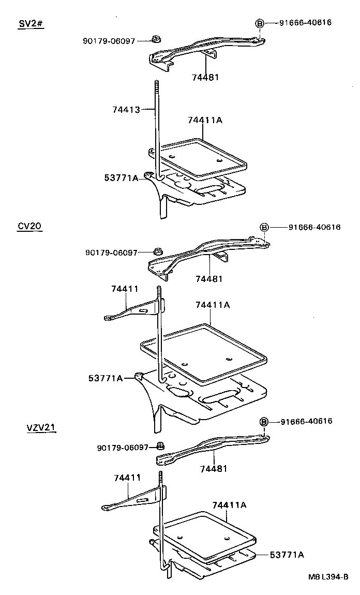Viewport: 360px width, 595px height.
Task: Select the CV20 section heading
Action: pyautogui.click(x=29, y=226)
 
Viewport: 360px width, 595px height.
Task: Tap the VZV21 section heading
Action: pyautogui.click(x=41, y=427)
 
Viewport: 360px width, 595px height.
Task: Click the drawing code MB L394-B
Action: pyautogui.click(x=328, y=577)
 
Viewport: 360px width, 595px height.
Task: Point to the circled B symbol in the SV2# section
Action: pyautogui.click(x=260, y=23)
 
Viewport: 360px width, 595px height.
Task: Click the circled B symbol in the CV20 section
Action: pyautogui.click(x=264, y=227)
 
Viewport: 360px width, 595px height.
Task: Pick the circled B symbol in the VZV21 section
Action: pyautogui.click(x=263, y=422)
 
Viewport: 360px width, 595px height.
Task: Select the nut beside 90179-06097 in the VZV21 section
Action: pyautogui.click(x=160, y=445)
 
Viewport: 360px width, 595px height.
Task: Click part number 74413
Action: pyautogui.click(x=126, y=109)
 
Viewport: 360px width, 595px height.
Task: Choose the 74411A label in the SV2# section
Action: pyautogui.click(x=205, y=120)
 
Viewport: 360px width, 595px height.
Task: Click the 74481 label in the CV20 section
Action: pyautogui.click(x=209, y=278)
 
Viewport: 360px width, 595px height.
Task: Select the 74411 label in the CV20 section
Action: pyautogui.click(x=125, y=289)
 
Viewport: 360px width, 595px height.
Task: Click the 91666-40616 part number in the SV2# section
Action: pyautogui.click(x=305, y=23)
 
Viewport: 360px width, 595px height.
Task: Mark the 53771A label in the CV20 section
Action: pyautogui.click(x=106, y=378)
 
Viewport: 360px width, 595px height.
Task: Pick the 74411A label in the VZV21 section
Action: pyautogui.click(x=229, y=504)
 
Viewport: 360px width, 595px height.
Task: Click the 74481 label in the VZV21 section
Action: pyautogui.click(x=214, y=469)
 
